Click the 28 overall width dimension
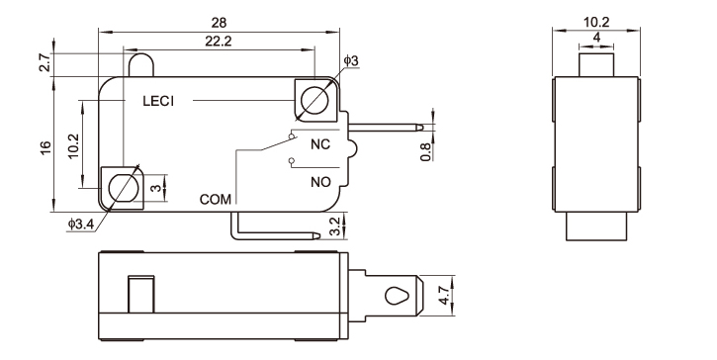coord(219,23)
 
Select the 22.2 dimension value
coord(219,42)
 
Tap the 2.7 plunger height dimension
coord(45,62)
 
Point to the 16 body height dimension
coord(45,147)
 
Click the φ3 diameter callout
coord(351,61)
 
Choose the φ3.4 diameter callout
coord(81,225)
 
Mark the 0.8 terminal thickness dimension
coord(425,152)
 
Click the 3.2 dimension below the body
coord(335,226)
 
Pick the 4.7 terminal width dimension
coord(444,296)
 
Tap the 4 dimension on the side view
coord(596,38)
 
